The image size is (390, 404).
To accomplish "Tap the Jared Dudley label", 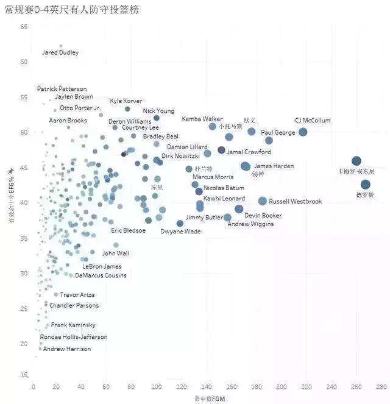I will [x=60, y=52].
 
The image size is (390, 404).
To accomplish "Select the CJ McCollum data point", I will [x=303, y=132].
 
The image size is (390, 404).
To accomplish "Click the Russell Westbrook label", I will [x=295, y=201].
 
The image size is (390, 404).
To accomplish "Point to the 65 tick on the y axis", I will [x=24, y=27].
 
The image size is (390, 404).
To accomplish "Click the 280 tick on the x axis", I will [x=381, y=387].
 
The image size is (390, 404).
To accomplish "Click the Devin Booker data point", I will [x=239, y=209].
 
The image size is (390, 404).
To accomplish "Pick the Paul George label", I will [x=278, y=132].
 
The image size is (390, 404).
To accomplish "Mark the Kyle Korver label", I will [x=126, y=101].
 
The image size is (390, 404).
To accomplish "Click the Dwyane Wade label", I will [x=180, y=232].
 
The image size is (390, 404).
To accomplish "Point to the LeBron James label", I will [x=102, y=266].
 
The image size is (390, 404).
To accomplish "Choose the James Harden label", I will [x=274, y=166].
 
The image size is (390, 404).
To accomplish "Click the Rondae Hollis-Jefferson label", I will [x=73, y=337].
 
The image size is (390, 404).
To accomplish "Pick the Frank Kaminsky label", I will [x=73, y=325].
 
